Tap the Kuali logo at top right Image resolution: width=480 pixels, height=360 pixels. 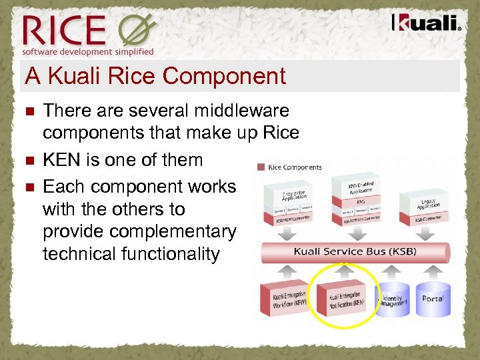coord(426,23)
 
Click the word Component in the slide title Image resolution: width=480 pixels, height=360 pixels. coord(223,76)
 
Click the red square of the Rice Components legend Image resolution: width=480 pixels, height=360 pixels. coord(260,167)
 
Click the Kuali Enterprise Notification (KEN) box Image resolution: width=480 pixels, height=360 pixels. coord(345,299)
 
